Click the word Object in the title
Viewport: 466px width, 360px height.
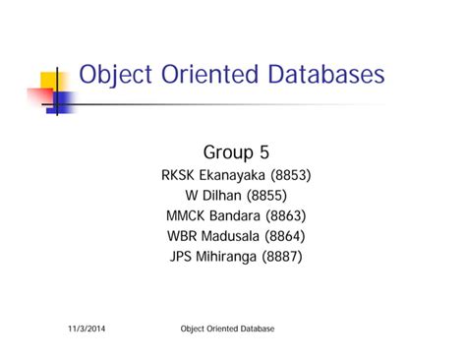coord(114,75)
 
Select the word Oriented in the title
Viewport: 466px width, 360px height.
coord(204,75)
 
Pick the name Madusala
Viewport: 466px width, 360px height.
coord(243,236)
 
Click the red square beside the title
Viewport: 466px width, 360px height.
coord(39,96)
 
